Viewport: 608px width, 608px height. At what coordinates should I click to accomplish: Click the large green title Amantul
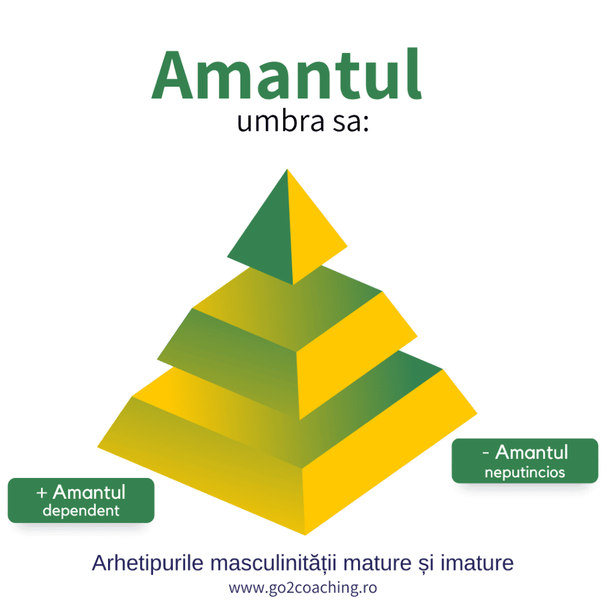click(287, 74)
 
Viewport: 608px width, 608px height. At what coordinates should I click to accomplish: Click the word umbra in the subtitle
click(280, 121)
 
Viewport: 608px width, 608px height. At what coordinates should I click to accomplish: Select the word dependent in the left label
click(81, 511)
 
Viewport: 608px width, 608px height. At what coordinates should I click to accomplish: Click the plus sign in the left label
click(42, 493)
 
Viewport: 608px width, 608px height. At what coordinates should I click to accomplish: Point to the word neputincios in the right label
click(525, 473)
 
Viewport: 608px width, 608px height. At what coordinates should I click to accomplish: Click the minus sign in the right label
click(486, 452)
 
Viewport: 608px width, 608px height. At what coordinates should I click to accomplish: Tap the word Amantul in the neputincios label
click(531, 452)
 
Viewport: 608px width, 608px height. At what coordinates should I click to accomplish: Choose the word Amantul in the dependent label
click(89, 492)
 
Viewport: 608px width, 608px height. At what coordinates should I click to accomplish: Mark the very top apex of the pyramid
click(287, 169)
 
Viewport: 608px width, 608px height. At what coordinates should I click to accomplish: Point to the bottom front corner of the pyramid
click(305, 535)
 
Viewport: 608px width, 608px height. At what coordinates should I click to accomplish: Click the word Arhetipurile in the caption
click(148, 563)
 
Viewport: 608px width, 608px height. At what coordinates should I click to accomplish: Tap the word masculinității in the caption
click(273, 563)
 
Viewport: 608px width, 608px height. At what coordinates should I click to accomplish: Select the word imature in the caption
click(477, 563)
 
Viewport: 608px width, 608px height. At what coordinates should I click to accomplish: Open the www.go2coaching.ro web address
click(303, 588)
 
